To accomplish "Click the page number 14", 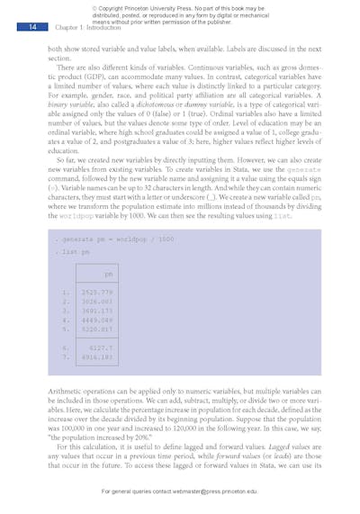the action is click(x=31, y=28).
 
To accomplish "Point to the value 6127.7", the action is click(x=101, y=347).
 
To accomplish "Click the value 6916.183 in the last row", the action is click(x=97, y=356).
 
